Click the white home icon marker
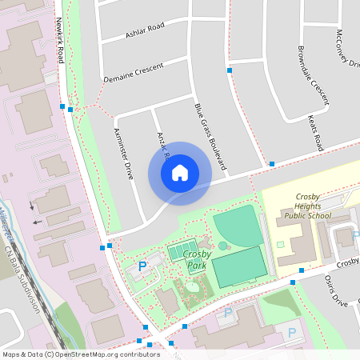179,173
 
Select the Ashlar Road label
145,30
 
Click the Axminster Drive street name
123,153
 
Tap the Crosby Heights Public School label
307,206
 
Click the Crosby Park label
196,259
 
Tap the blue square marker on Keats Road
272,163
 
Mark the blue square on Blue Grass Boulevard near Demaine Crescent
230,71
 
